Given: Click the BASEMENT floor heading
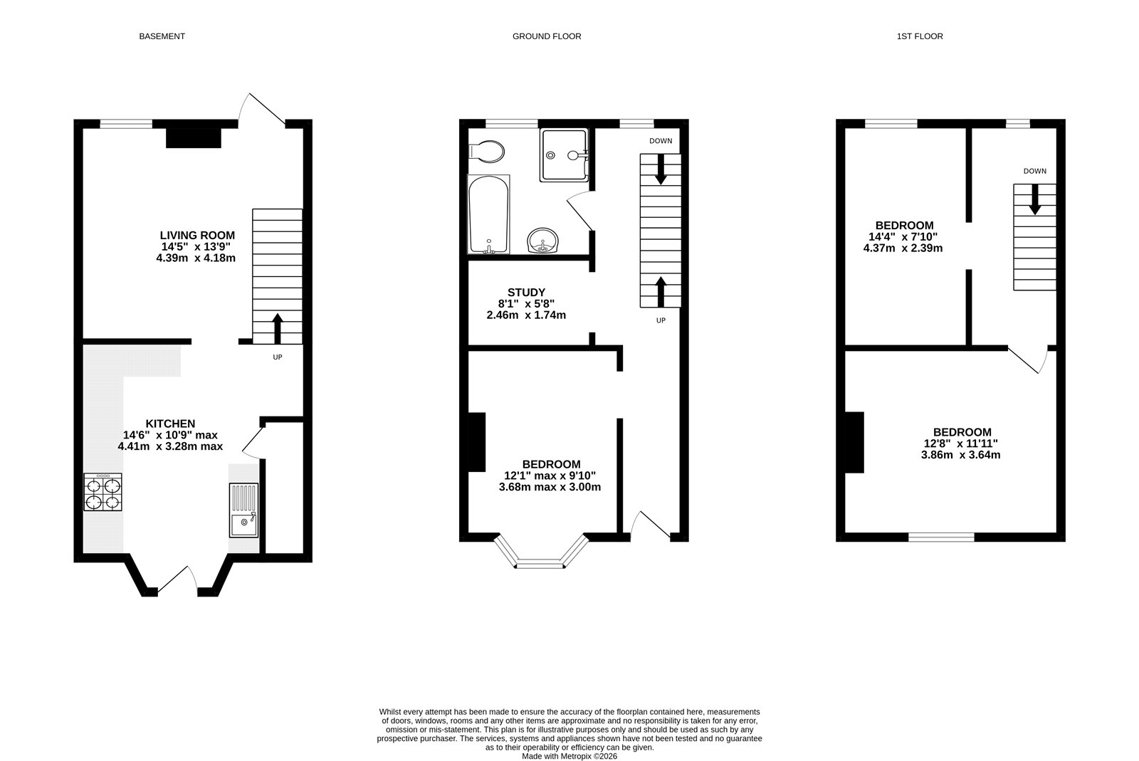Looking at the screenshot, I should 162,36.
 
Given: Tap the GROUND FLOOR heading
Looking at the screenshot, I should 547,36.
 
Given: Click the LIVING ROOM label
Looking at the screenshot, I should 197,235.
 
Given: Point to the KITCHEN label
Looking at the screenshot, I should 170,424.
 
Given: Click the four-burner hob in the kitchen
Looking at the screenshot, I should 103,493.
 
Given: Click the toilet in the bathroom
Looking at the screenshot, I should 487,151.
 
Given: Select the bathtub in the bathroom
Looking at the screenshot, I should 488,214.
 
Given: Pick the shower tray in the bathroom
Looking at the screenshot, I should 564,154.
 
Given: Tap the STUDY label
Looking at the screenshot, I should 526,292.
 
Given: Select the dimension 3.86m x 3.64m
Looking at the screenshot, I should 961,454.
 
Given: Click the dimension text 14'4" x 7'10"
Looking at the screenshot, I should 903,237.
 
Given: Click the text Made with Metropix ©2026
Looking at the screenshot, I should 569,757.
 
